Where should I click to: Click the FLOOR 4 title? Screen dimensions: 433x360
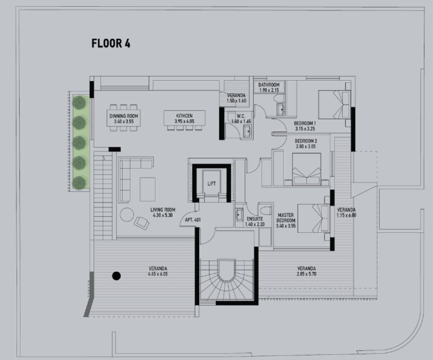(x=111, y=44)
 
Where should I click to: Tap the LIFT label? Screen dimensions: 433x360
(x=211, y=184)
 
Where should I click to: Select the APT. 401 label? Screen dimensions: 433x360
(x=193, y=220)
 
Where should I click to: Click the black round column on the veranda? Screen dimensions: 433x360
(x=116, y=276)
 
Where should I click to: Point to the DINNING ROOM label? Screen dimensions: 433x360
(x=124, y=116)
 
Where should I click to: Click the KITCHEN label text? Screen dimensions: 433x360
(x=184, y=116)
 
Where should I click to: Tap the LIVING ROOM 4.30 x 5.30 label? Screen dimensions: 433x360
(x=163, y=212)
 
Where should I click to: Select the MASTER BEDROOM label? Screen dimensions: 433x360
(x=286, y=218)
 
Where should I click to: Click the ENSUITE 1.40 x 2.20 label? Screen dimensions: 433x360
(x=255, y=222)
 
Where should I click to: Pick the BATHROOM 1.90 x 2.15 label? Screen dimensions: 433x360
(x=269, y=88)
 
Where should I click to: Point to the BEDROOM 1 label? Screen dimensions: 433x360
(x=305, y=123)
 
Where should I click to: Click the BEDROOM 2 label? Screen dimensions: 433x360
(x=306, y=141)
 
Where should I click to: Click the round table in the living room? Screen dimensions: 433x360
(x=127, y=214)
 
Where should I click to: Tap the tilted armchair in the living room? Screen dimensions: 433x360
(x=142, y=223)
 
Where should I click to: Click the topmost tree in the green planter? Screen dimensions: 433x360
(x=79, y=102)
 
